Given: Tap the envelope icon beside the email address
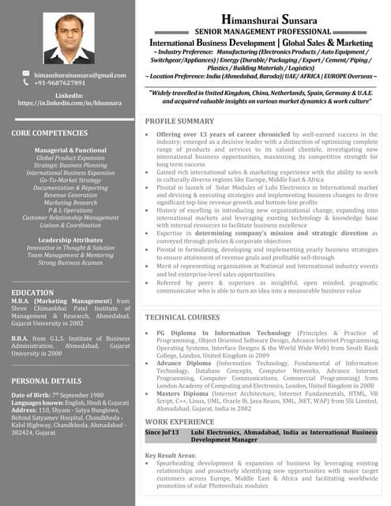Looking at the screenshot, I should coord(26,74).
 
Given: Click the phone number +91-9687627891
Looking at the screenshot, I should coord(60,82).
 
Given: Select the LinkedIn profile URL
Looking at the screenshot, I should coord(70,103).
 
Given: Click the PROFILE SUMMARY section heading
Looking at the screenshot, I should coord(180,121).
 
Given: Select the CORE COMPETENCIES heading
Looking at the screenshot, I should coord(49,134).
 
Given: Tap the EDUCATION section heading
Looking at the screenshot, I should coord(33,293).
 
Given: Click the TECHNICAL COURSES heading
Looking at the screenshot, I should coord(182,317).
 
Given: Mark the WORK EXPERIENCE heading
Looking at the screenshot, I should coord(179,421).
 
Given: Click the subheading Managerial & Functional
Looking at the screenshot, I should coord(70,149).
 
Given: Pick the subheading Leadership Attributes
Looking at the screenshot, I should coord(70,240).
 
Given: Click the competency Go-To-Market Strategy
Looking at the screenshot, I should coord(70,180).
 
